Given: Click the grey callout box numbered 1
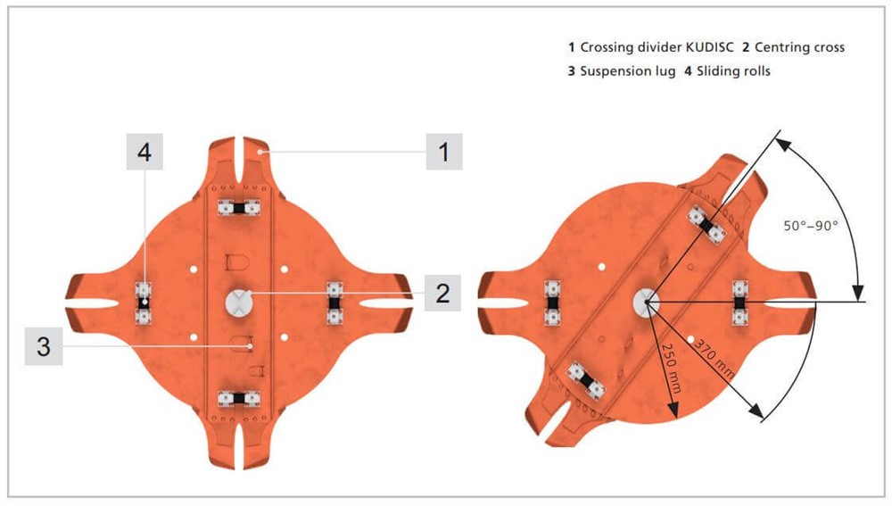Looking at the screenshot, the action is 444,152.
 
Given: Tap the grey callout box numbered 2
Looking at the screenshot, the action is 442,293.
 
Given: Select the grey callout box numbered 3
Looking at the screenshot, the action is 43,346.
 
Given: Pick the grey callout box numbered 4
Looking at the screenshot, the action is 145,152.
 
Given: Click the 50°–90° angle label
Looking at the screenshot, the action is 811,226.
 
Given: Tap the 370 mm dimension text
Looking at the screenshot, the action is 714,359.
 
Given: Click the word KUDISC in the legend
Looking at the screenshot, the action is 709,47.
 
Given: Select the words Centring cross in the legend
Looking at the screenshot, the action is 799,47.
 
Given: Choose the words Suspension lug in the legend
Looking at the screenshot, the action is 627,71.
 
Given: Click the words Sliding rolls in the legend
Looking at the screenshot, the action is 733,71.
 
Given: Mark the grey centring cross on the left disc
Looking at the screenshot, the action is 239,303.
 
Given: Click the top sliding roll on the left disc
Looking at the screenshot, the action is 239,208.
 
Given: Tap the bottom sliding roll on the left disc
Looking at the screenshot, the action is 239,398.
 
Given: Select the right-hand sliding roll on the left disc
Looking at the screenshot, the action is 334,303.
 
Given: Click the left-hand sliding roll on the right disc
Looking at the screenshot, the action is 552,303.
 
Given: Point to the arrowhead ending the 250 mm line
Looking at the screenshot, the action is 673,410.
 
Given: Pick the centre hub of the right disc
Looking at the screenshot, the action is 647,302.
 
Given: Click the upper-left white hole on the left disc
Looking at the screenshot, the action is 194,269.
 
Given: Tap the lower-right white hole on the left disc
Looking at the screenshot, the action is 285,337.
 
